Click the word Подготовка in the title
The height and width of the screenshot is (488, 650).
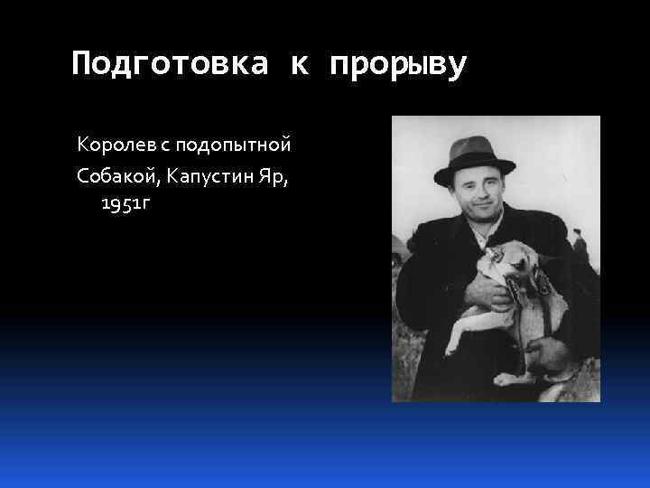[x=171, y=64]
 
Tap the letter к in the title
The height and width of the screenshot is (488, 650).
[x=300, y=64]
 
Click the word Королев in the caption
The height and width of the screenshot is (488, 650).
[x=107, y=144]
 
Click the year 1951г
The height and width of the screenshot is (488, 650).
[x=125, y=203]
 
